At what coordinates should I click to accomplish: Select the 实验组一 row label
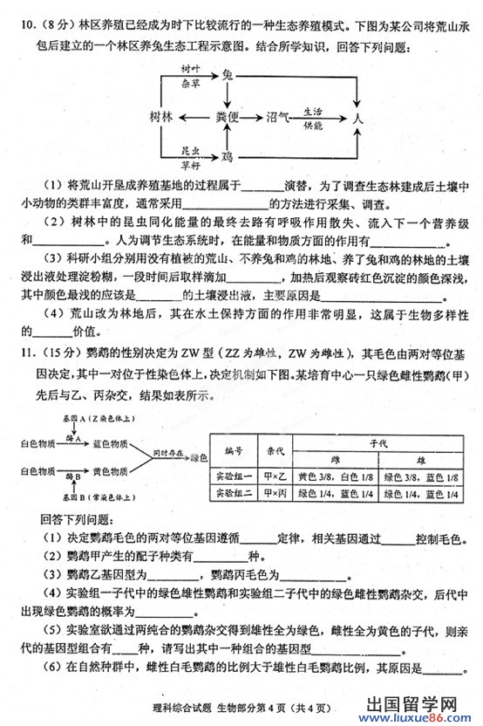(234, 477)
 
